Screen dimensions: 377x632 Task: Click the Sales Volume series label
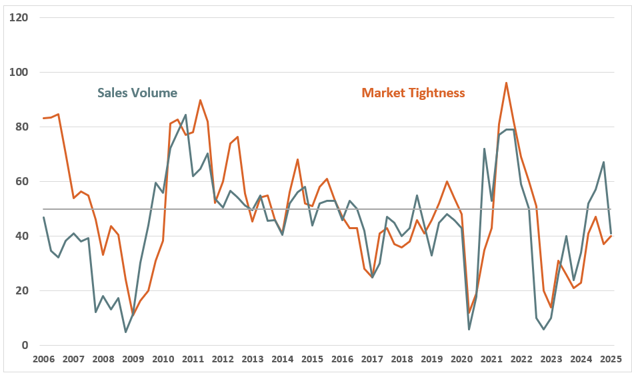pyautogui.click(x=137, y=93)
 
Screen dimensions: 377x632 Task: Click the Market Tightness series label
pyautogui.click(x=413, y=93)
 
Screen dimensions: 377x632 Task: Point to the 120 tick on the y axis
pyautogui.click(x=19, y=17)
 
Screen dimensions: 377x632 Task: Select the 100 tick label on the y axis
pyautogui.click(x=19, y=72)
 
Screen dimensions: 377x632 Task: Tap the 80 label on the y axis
pyautogui.click(x=21, y=127)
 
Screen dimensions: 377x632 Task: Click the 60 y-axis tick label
pyautogui.click(x=21, y=181)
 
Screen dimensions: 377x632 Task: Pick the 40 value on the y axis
pyautogui.click(x=21, y=236)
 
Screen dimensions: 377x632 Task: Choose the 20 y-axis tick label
pyautogui.click(x=21, y=290)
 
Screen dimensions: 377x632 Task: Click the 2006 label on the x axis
pyautogui.click(x=43, y=359)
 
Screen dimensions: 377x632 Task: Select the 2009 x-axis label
pyautogui.click(x=133, y=359)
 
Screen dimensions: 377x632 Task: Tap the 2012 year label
pyautogui.click(x=223, y=359)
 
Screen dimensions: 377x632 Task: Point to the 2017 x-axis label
pyautogui.click(x=371, y=359)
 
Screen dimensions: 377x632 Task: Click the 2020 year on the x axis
pyautogui.click(x=461, y=359)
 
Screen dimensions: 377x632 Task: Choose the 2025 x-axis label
pyautogui.click(x=610, y=359)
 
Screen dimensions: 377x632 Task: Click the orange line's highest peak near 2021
pyautogui.click(x=507, y=83)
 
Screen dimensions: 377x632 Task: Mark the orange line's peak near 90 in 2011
pyautogui.click(x=201, y=101)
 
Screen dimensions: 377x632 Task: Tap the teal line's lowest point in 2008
pyautogui.click(x=125, y=332)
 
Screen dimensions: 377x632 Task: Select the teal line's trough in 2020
pyautogui.click(x=469, y=329)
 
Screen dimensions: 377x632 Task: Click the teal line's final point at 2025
pyautogui.click(x=611, y=234)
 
